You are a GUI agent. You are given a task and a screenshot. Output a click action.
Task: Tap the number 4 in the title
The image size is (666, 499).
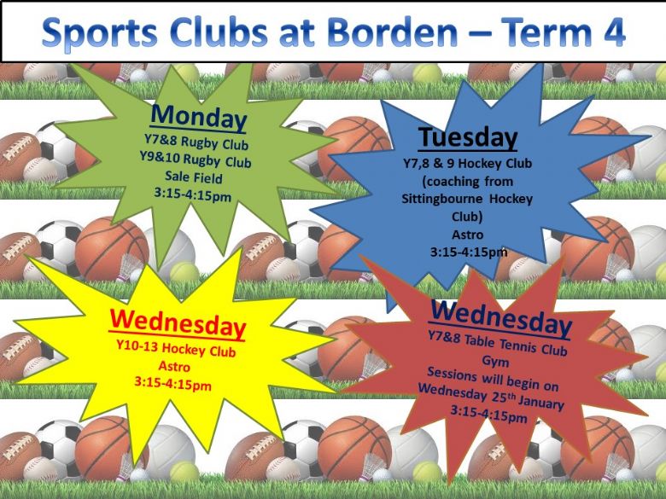click(x=613, y=32)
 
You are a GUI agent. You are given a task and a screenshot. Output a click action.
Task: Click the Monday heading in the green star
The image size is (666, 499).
click(x=198, y=118)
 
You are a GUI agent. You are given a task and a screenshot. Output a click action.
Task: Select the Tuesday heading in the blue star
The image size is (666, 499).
click(x=468, y=137)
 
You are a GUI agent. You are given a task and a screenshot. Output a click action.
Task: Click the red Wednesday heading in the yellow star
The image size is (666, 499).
click(x=178, y=324)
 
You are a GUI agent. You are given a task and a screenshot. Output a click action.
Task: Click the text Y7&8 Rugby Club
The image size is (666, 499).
click(x=196, y=142)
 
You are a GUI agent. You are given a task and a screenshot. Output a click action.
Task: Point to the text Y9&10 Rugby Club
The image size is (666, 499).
click(x=196, y=160)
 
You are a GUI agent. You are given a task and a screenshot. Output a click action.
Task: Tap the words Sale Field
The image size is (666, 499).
click(x=194, y=177)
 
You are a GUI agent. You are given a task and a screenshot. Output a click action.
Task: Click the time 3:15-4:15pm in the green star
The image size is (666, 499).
click(x=193, y=195)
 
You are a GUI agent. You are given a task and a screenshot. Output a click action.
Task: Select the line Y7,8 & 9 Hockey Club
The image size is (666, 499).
click(x=467, y=164)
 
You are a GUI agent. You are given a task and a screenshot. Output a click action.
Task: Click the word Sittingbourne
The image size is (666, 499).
click(x=442, y=200)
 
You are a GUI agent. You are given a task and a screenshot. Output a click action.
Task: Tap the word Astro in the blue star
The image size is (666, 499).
click(x=468, y=235)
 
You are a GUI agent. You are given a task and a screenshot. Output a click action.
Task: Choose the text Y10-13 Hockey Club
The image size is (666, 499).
click(x=176, y=349)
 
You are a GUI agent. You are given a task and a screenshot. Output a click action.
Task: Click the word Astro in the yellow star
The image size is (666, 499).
click(x=174, y=366)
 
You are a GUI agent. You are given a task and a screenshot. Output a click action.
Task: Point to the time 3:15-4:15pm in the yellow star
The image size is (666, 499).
click(x=172, y=383)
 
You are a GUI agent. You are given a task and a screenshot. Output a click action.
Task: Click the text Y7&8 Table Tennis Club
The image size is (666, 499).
click(x=498, y=343)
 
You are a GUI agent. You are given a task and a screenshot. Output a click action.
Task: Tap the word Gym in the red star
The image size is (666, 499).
click(x=496, y=361)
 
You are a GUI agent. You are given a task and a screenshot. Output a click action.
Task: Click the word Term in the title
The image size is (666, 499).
click(x=546, y=32)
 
